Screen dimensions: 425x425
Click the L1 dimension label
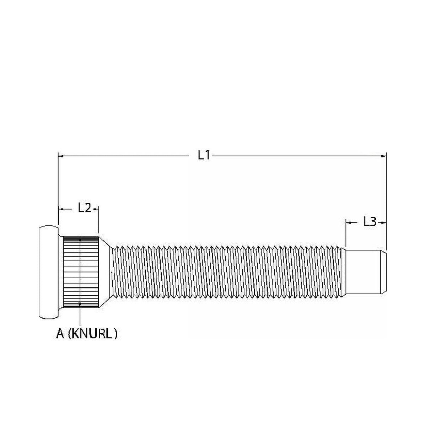click(x=204, y=156)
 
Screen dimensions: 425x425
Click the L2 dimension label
click(x=85, y=208)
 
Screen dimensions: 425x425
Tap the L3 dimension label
click(x=370, y=222)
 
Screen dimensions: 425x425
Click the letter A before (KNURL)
click(x=60, y=334)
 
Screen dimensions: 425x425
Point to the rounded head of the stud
click(x=49, y=272)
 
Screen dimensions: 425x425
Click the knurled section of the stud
click(x=81, y=272)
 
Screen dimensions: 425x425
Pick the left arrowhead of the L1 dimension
click(x=61, y=156)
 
